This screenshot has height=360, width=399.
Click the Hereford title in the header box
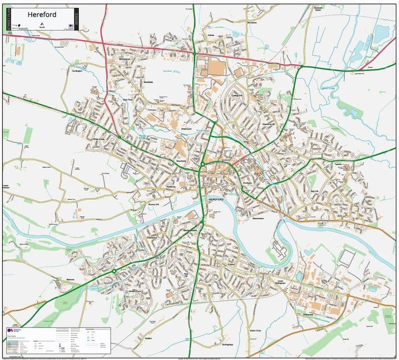42,14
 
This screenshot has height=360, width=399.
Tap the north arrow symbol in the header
42,24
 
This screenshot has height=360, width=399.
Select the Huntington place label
77,71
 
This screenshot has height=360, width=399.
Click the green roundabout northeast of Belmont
114,271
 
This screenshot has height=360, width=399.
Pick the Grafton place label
148,338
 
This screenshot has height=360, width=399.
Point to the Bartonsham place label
258,218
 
